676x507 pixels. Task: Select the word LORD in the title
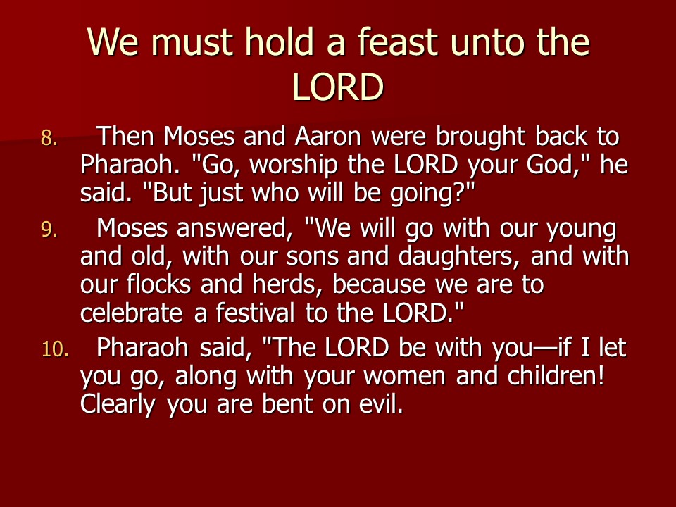tap(337, 87)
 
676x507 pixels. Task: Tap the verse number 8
tap(49, 139)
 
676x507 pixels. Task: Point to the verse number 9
tap(49, 230)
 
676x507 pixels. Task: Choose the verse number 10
tap(55, 349)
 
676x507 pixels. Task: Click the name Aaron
tap(327, 137)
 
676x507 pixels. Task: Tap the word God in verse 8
tap(559, 165)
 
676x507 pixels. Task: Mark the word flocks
tap(158, 284)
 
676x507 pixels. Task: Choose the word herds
tap(287, 284)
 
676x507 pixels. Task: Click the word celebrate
tap(131, 313)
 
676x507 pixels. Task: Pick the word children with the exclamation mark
tap(556, 375)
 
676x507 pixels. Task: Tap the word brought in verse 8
tap(480, 138)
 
